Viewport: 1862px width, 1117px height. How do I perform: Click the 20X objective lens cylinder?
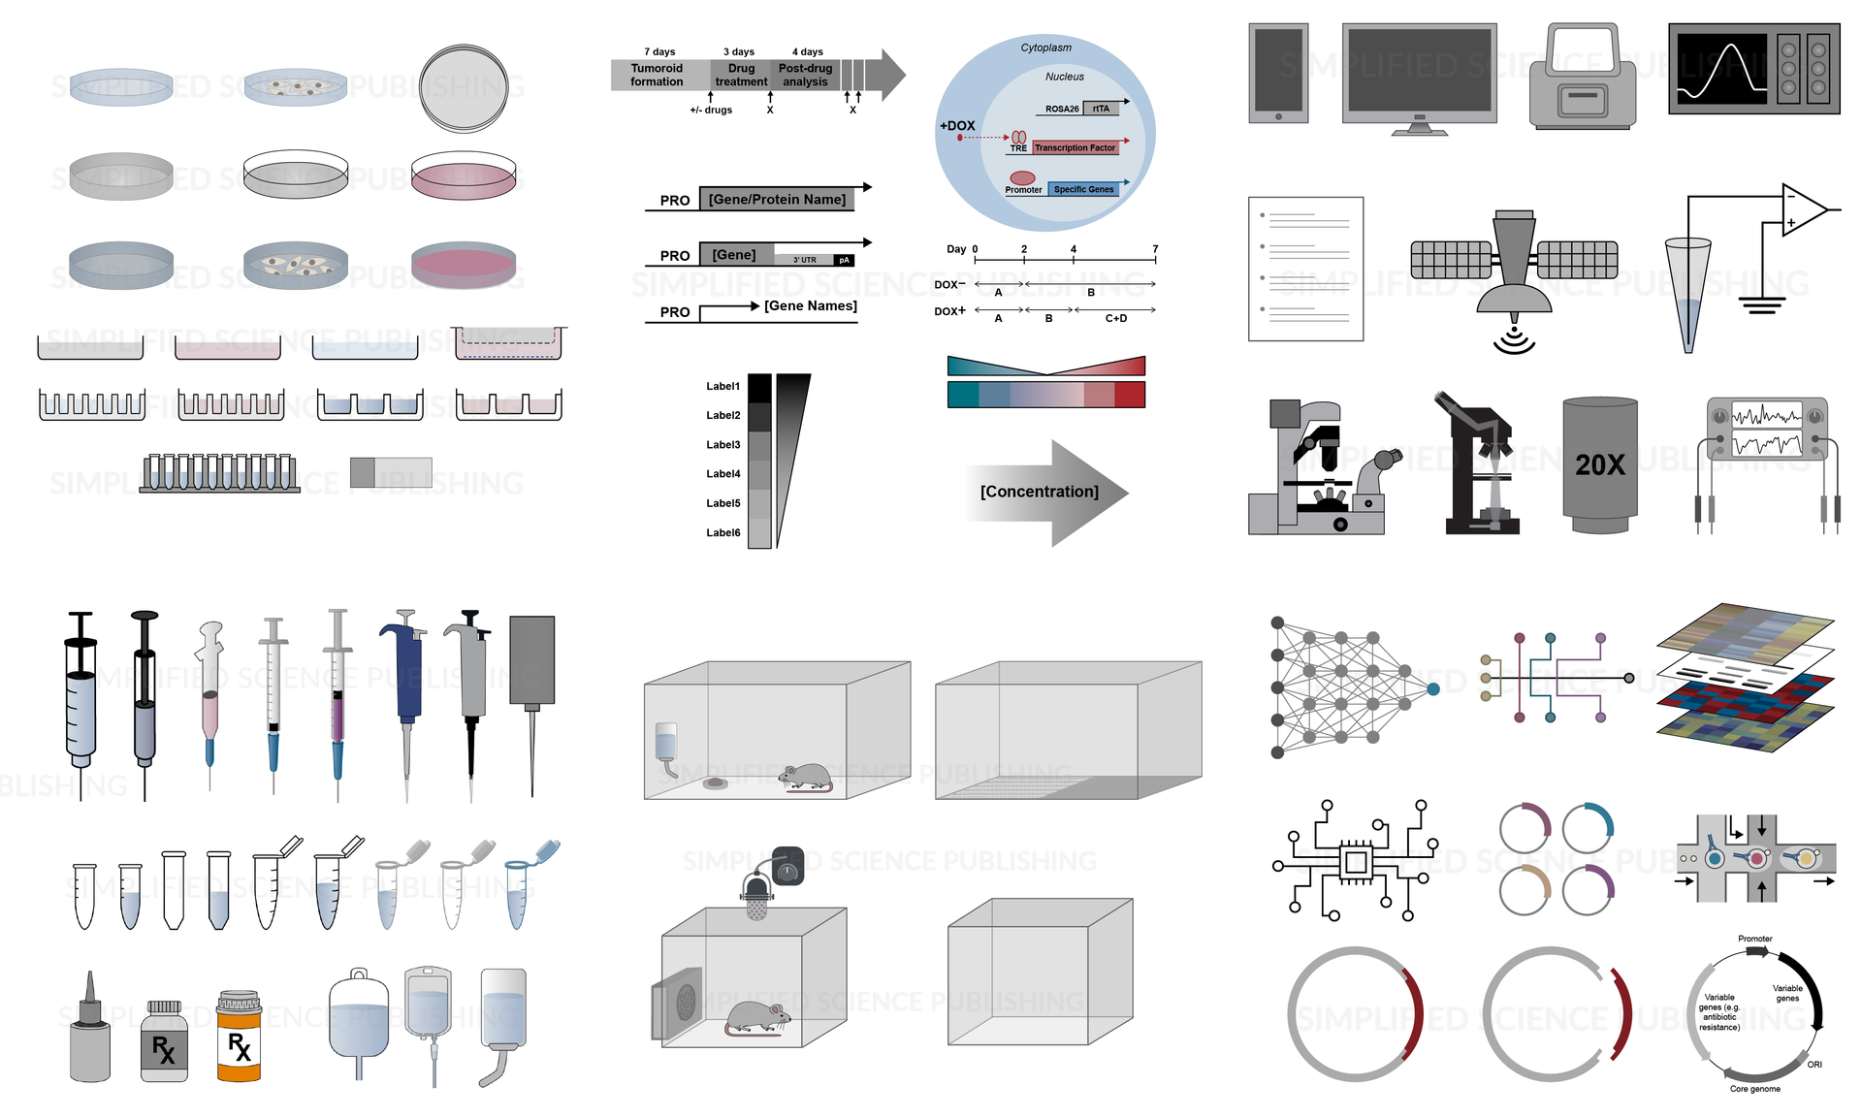pyautogui.click(x=1600, y=464)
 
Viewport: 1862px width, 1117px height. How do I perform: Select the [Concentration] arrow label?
pyautogui.click(x=1039, y=492)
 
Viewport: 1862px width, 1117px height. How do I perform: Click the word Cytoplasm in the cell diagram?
pyautogui.click(x=1045, y=48)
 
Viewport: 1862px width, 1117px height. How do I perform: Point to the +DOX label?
pyautogui.click(x=957, y=126)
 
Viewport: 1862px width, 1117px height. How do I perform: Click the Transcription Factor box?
pyautogui.click(x=1075, y=147)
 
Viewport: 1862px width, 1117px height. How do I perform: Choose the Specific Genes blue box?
pyautogui.click(x=1083, y=189)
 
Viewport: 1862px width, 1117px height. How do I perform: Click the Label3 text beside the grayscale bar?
pyautogui.click(x=722, y=445)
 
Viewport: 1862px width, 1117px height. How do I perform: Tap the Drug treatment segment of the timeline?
pyautogui.click(x=741, y=76)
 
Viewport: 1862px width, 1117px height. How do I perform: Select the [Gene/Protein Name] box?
pyautogui.click(x=777, y=200)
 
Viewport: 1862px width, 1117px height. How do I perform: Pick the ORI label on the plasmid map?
pyautogui.click(x=1814, y=1065)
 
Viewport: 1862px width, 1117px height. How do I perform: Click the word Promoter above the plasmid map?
pyautogui.click(x=1754, y=939)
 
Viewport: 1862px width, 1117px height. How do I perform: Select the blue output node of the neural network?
pyautogui.click(x=1433, y=689)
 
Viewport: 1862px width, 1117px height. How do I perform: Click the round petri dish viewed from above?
pyautogui.click(x=464, y=88)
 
